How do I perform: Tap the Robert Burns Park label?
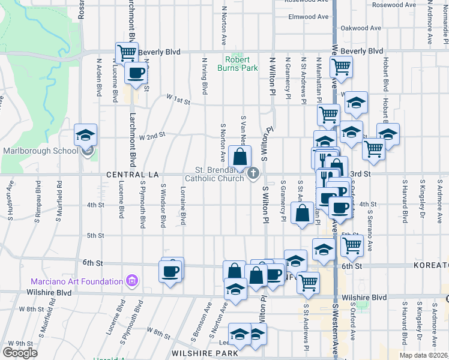coord(241,64)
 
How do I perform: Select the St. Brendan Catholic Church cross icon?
coord(253,174)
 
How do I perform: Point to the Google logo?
coord(20,352)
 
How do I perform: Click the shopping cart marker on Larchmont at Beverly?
coord(127,53)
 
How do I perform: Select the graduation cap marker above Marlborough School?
coord(85,135)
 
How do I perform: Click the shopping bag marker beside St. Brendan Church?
coord(240,158)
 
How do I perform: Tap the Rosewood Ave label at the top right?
coord(393,5)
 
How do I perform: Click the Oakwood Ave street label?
coord(361,28)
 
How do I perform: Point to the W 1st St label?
coord(178,101)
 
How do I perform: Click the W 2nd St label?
coord(152,136)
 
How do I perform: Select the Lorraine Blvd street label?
coord(183,205)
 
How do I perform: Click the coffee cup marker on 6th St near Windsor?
coord(170,271)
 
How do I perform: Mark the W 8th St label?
coord(158,331)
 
